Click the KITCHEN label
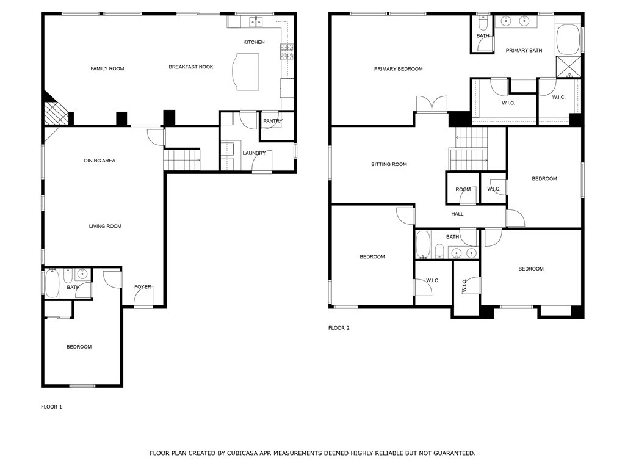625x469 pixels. tap(254, 42)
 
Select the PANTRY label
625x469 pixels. tap(273, 121)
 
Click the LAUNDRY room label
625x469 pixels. tap(254, 153)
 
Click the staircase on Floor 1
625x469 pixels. tap(181, 160)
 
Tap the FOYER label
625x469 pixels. tap(143, 286)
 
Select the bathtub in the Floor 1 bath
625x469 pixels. tap(52, 285)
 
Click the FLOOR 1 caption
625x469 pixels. tap(51, 407)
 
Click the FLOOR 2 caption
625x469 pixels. tap(339, 328)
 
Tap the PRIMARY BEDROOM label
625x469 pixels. tap(398, 69)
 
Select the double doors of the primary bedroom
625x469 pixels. tap(432, 104)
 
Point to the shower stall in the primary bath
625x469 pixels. tap(568, 66)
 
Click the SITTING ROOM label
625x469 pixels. tap(389, 164)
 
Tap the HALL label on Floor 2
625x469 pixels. tap(457, 214)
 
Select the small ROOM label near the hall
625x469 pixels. tap(463, 189)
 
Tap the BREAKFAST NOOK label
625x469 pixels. tap(191, 67)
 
